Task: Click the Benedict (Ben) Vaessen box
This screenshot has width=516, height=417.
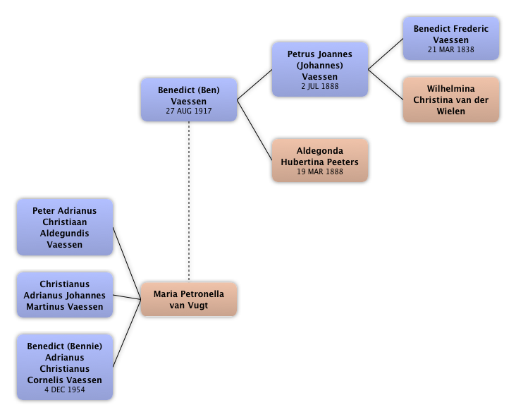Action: click(x=189, y=100)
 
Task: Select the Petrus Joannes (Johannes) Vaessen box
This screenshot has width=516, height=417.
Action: click(x=319, y=69)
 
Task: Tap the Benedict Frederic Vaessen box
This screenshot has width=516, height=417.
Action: click(x=450, y=39)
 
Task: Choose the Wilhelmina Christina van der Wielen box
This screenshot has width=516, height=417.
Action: click(x=450, y=100)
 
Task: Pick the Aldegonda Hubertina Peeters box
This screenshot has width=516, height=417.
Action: click(x=319, y=161)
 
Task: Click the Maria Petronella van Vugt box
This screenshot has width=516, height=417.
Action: click(x=189, y=300)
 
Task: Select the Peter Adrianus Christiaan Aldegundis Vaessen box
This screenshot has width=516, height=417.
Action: click(x=64, y=227)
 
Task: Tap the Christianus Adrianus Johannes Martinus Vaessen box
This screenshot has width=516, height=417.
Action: click(x=64, y=296)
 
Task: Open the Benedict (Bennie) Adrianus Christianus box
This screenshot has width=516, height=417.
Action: click(x=64, y=367)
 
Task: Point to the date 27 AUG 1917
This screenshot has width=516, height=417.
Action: click(x=189, y=111)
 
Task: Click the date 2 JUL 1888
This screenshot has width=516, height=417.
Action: click(x=319, y=86)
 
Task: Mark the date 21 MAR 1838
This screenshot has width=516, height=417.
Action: click(x=450, y=50)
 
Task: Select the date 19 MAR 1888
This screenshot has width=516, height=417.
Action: click(x=319, y=171)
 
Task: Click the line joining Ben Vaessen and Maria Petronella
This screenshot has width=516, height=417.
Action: click(x=189, y=201)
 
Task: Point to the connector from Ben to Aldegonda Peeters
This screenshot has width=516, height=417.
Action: click(x=254, y=131)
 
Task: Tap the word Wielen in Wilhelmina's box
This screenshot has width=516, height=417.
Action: click(x=450, y=111)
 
